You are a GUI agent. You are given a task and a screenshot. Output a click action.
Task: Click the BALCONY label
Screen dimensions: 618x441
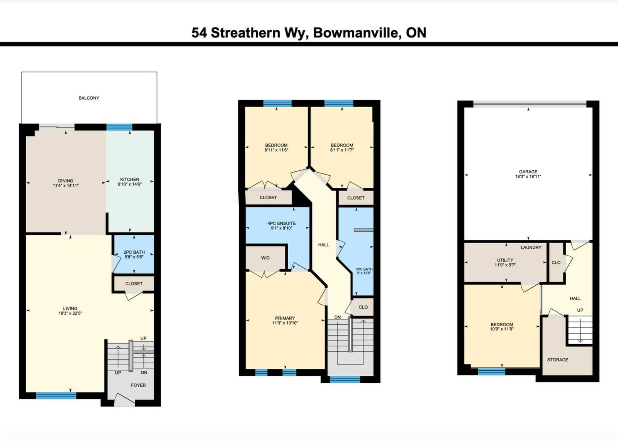click(x=89, y=98)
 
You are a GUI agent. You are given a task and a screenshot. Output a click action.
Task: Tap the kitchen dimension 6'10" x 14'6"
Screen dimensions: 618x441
click(x=130, y=184)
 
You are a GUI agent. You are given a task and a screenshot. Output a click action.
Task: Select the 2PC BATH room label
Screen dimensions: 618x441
click(x=134, y=252)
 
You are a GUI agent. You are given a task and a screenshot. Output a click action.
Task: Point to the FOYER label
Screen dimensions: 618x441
click(x=138, y=385)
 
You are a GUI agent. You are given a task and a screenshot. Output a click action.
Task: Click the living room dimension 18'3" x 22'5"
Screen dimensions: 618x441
click(x=70, y=313)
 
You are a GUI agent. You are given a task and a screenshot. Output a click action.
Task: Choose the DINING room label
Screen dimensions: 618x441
click(x=66, y=181)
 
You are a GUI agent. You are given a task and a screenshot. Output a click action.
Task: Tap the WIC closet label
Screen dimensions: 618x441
click(x=265, y=258)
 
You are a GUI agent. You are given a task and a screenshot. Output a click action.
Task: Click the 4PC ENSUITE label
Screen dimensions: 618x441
click(x=282, y=223)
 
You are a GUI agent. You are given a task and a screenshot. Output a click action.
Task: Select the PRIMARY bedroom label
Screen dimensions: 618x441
click(x=285, y=318)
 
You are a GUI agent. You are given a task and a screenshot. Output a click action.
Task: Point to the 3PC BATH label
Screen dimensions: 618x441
click(x=364, y=269)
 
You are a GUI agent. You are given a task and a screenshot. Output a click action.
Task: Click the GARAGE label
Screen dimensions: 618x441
click(x=528, y=171)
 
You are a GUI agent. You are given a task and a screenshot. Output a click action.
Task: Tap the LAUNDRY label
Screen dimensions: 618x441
click(x=531, y=248)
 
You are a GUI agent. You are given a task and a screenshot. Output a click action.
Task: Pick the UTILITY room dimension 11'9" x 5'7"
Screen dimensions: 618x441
click(x=505, y=265)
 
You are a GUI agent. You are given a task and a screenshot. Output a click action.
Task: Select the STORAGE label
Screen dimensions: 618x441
click(x=558, y=360)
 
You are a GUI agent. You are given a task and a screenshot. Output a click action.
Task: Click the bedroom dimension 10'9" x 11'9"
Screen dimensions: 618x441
click(x=502, y=329)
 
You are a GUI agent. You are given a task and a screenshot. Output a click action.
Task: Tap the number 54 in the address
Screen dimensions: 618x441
click(x=199, y=33)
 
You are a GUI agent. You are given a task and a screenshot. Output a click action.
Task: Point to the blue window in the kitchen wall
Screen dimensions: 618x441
click(x=119, y=127)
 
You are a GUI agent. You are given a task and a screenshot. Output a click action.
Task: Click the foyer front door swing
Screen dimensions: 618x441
click(x=124, y=400)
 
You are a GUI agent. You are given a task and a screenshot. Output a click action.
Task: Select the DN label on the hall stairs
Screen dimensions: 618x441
click(x=338, y=317)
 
